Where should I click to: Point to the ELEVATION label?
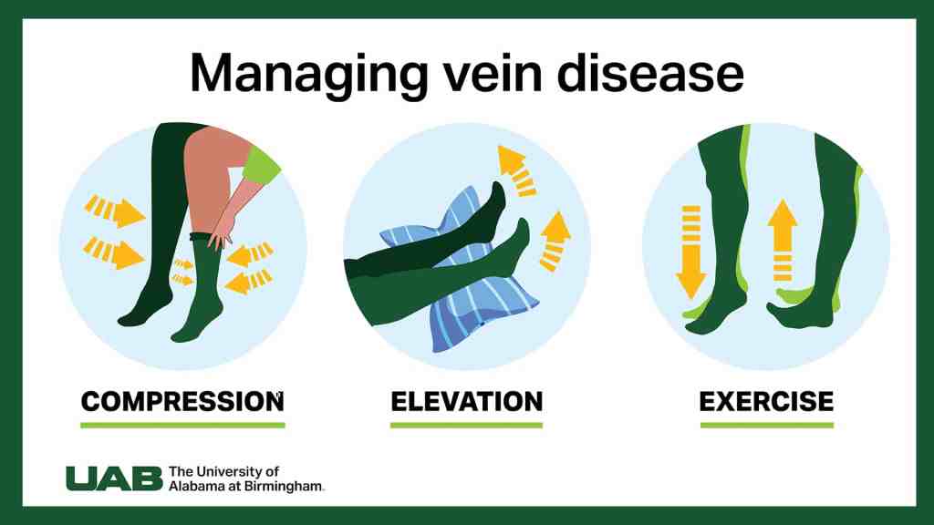point(466,400)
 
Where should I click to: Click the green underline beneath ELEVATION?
point(466,425)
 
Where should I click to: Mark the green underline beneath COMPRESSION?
point(182,425)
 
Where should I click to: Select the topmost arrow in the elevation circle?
point(517,170)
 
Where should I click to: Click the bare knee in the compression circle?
point(201,155)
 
